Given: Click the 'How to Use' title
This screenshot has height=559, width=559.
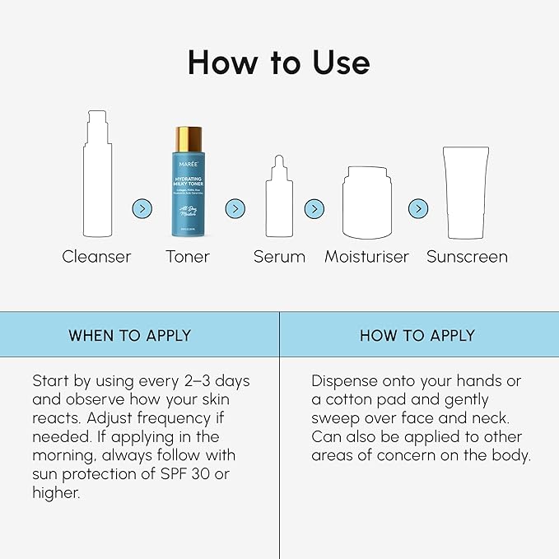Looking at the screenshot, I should (279, 63).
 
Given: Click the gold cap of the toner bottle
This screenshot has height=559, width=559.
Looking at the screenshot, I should (188, 138).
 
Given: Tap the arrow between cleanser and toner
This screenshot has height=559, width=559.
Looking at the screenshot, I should (142, 209).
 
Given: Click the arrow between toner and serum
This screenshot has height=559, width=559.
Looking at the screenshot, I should (235, 209).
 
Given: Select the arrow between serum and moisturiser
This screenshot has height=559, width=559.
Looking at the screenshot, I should (314, 209).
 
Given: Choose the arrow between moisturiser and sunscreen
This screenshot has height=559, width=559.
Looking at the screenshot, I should (418, 209).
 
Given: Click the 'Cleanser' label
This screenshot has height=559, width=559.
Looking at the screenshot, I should (96, 257).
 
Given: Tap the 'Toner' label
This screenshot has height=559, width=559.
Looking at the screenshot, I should (188, 257).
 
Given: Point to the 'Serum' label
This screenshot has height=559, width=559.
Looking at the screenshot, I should (279, 257).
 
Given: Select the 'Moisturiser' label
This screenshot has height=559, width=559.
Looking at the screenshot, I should (366, 257).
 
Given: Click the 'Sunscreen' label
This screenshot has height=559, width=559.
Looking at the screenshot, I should (467, 257).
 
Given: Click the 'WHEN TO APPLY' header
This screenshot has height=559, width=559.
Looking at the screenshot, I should (130, 335).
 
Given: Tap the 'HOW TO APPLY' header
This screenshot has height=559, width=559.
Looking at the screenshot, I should (417, 335).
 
